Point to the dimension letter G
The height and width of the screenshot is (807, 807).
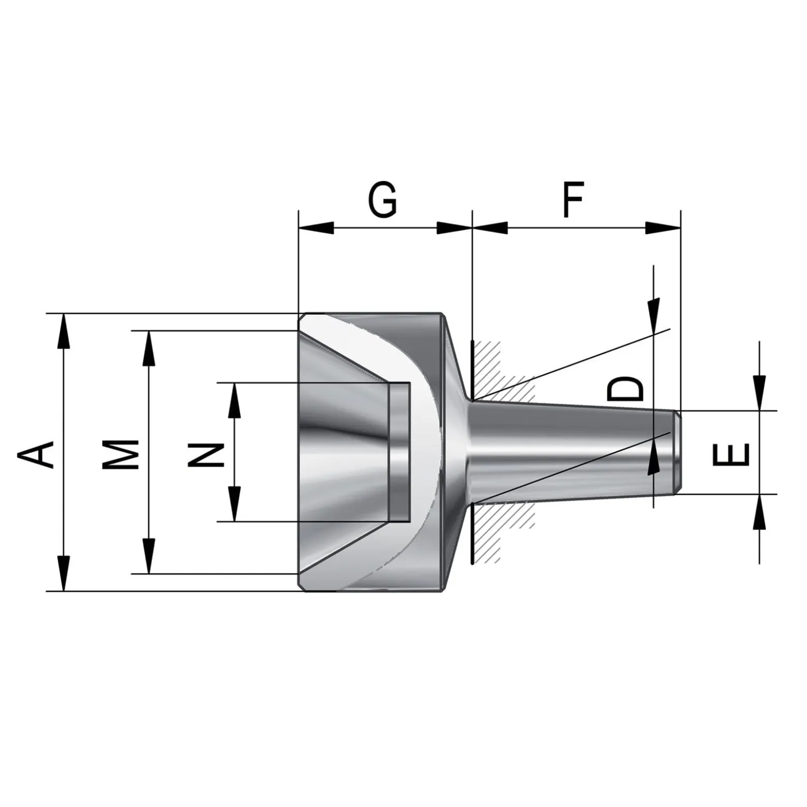[383, 199]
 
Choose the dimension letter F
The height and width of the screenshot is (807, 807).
[573, 199]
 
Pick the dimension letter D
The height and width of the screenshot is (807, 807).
[625, 389]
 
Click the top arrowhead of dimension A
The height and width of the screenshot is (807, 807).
[63, 331]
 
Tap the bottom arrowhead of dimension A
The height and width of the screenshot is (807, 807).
[63, 573]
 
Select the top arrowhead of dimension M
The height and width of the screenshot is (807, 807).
[149, 348]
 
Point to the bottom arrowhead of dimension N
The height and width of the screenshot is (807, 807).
[234, 504]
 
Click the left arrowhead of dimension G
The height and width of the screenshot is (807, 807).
[316, 227]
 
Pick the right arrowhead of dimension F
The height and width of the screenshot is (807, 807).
[663, 227]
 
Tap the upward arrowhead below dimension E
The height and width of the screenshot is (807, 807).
[759, 511]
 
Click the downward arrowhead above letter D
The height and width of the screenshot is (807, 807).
[654, 315]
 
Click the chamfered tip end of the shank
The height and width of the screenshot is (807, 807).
[677, 452]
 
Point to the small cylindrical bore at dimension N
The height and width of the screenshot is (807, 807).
[399, 452]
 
